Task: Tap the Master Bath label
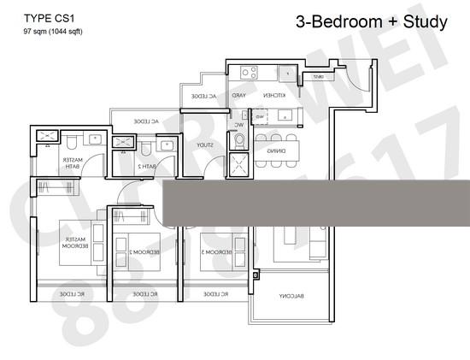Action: coord(71,164)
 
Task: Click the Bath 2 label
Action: coord(148,166)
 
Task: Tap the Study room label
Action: coord(203,145)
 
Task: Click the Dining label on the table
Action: coord(276,150)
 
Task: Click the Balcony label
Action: coord(291,296)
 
